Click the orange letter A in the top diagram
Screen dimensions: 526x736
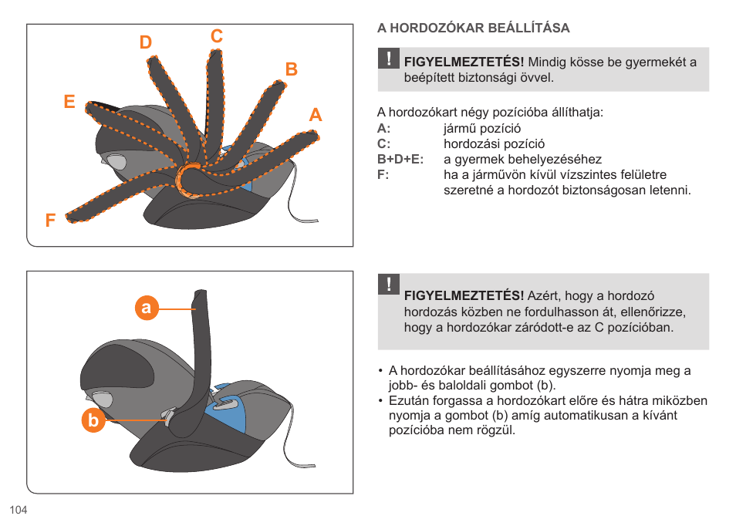click(315, 116)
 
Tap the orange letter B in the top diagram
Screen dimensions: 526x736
click(291, 69)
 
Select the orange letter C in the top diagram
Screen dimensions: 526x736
click(217, 36)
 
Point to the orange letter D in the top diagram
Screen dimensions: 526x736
click(146, 43)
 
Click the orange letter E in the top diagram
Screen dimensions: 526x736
click(69, 102)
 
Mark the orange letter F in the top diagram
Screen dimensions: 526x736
click(50, 221)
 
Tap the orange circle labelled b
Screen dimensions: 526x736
click(93, 421)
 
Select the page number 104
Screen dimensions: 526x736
click(19, 511)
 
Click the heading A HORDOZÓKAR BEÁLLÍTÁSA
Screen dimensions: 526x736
click(473, 29)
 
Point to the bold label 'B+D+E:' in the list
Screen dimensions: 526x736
click(400, 160)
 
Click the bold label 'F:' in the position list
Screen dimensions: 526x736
click(383, 175)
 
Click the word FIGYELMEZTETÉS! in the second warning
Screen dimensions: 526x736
click(464, 296)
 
